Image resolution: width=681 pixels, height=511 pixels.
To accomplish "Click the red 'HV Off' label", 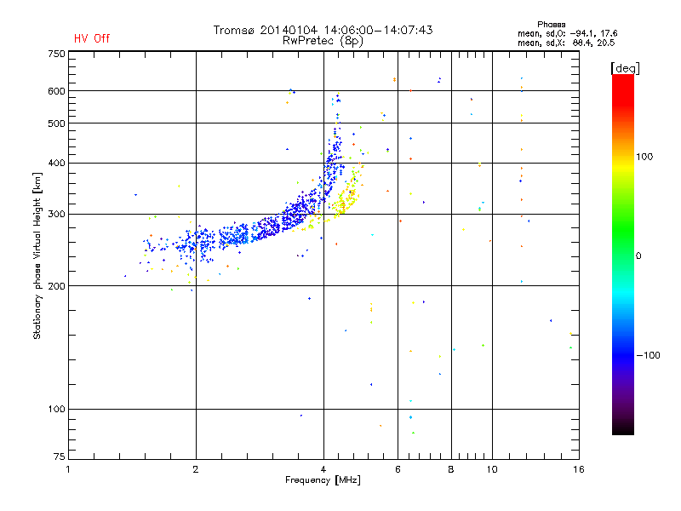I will [91, 38].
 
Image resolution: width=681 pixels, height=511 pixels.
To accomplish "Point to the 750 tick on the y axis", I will [56, 54].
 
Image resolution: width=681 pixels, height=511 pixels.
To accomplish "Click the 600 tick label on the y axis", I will [56, 91].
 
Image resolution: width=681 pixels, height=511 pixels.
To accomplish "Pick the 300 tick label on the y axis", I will [56, 214].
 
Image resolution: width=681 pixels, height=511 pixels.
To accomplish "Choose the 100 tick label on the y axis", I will [56, 409].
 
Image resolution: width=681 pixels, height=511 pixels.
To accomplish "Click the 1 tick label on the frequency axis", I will [69, 469].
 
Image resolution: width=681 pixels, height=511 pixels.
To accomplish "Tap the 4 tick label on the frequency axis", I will [323, 469].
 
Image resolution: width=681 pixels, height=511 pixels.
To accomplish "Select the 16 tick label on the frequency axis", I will [578, 469].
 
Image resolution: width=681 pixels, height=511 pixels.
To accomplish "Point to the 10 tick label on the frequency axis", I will [491, 469].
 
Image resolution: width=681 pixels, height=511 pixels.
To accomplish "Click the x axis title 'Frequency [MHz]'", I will [323, 481].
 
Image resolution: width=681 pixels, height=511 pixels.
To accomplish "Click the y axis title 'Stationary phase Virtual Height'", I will [37, 255].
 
